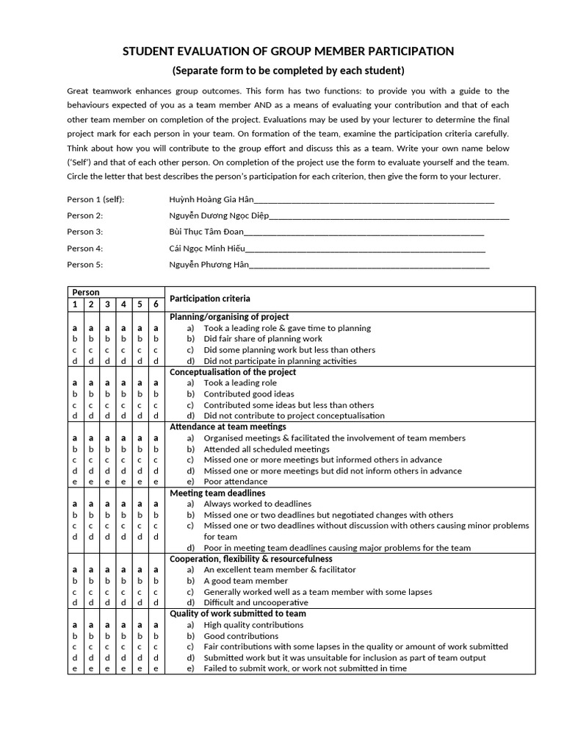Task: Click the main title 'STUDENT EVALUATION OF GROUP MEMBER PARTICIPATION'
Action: click(287, 51)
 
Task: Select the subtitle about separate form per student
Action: click(287, 71)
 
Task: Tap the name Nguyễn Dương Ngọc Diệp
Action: click(219, 215)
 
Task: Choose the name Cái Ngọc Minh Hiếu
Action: click(207, 249)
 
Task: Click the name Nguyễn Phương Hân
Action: click(209, 265)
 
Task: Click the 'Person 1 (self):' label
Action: click(95, 199)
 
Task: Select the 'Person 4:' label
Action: click(85, 249)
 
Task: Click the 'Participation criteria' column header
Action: click(210, 299)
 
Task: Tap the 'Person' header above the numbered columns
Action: click(84, 292)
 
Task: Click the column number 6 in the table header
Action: click(156, 304)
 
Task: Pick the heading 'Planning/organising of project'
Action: click(229, 316)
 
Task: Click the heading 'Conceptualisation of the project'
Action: click(233, 372)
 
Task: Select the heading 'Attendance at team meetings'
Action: click(228, 427)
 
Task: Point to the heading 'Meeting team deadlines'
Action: click(217, 493)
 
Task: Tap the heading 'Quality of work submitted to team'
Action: click(238, 613)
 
